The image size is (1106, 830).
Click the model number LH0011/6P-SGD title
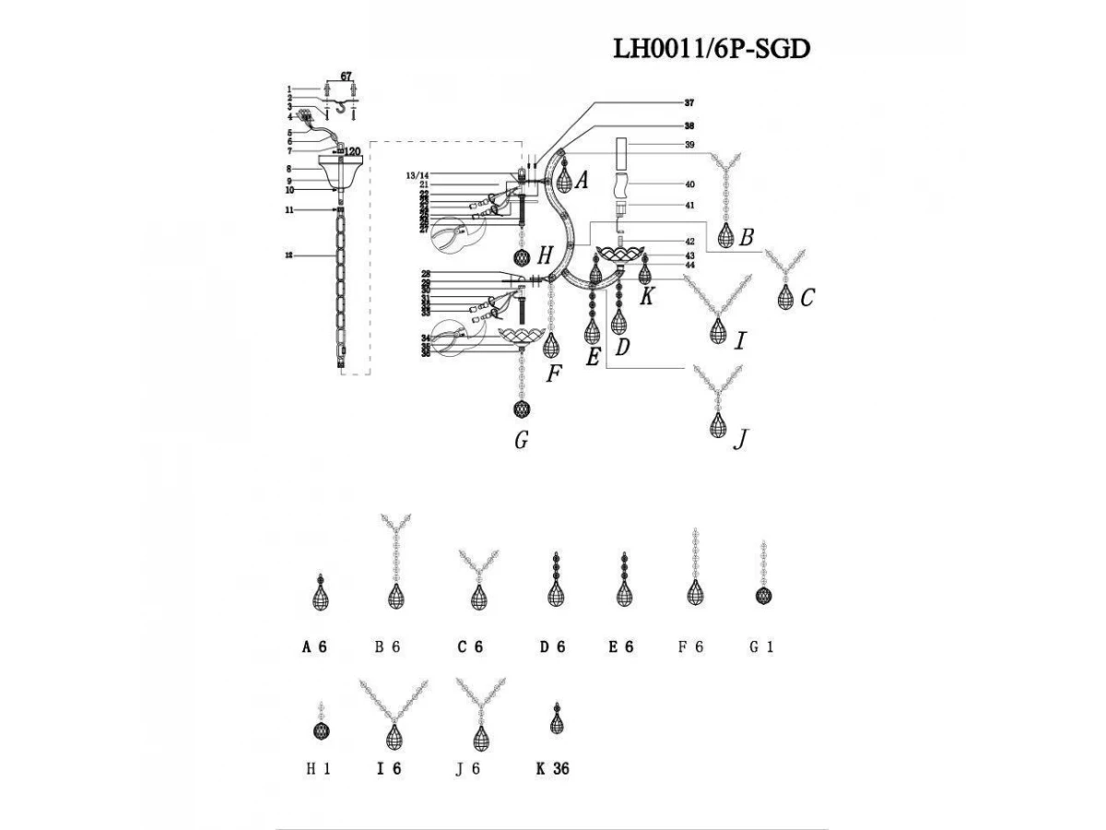[x=712, y=49]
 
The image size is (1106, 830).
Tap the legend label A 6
[x=314, y=647]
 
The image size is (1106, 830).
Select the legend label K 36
[x=552, y=767]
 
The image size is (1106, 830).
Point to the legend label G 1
[x=762, y=647]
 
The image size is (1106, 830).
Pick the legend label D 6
[x=552, y=647]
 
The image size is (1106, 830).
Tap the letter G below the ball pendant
[x=522, y=441]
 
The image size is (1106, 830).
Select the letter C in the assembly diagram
[x=807, y=297]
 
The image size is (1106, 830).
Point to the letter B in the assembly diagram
[x=746, y=237]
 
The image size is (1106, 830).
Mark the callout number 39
[x=688, y=145]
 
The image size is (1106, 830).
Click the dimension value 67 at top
[x=347, y=75]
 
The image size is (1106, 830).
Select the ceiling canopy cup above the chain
[x=340, y=171]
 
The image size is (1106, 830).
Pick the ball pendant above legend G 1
[x=763, y=596]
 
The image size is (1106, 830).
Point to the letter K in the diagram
[x=647, y=296]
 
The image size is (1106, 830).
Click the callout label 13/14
[x=417, y=174]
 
